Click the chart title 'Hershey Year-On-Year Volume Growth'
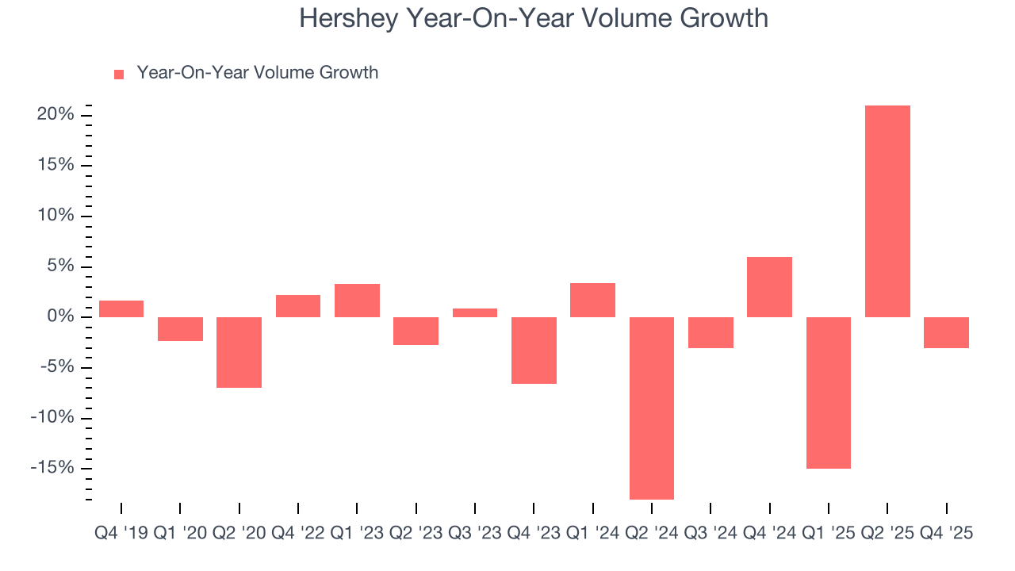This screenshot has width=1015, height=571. click(533, 18)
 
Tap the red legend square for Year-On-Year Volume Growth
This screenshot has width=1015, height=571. click(119, 74)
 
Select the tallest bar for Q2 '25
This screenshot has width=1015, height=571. click(887, 211)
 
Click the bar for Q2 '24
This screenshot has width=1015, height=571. click(652, 408)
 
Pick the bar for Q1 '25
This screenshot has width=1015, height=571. click(829, 393)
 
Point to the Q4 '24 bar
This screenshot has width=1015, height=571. click(769, 287)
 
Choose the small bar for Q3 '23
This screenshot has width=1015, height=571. click(475, 312)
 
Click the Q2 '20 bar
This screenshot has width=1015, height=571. click(239, 352)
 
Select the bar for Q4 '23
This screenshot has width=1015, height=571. click(534, 350)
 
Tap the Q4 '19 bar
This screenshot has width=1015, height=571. click(121, 308)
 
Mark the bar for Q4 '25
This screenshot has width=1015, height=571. click(946, 332)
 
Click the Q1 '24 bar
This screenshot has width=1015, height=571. click(592, 300)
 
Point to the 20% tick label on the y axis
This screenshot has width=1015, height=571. click(55, 115)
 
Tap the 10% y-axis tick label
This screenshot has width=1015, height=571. click(55, 216)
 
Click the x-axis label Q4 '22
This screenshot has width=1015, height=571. click(297, 534)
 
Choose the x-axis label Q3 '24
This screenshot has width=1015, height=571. click(710, 534)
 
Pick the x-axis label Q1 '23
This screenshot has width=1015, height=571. click(357, 534)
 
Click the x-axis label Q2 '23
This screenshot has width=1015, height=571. click(416, 534)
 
